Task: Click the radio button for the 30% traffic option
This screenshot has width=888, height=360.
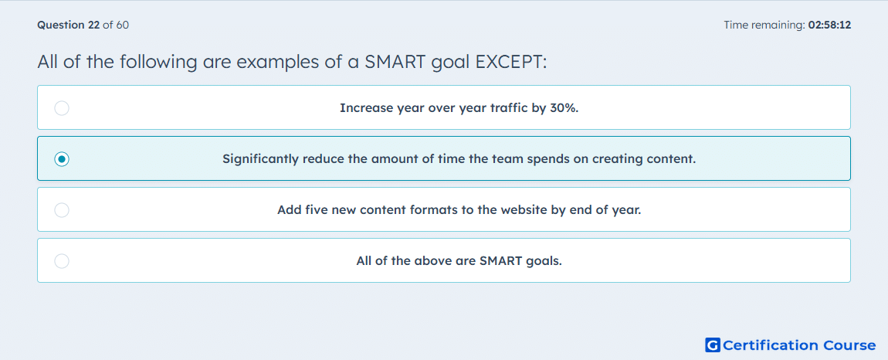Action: click(62, 107)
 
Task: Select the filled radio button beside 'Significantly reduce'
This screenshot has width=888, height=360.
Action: click(62, 159)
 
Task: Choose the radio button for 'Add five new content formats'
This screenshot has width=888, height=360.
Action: click(62, 210)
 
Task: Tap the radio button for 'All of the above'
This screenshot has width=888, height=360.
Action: click(62, 261)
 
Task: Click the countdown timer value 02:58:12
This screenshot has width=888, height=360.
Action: click(829, 25)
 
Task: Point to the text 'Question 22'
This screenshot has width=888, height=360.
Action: click(69, 25)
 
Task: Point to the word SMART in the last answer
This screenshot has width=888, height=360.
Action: click(500, 261)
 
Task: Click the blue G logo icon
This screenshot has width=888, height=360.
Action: click(713, 345)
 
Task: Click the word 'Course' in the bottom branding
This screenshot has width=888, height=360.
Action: click(849, 345)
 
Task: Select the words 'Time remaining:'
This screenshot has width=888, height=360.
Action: click(764, 25)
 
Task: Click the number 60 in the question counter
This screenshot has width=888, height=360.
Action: click(122, 25)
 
